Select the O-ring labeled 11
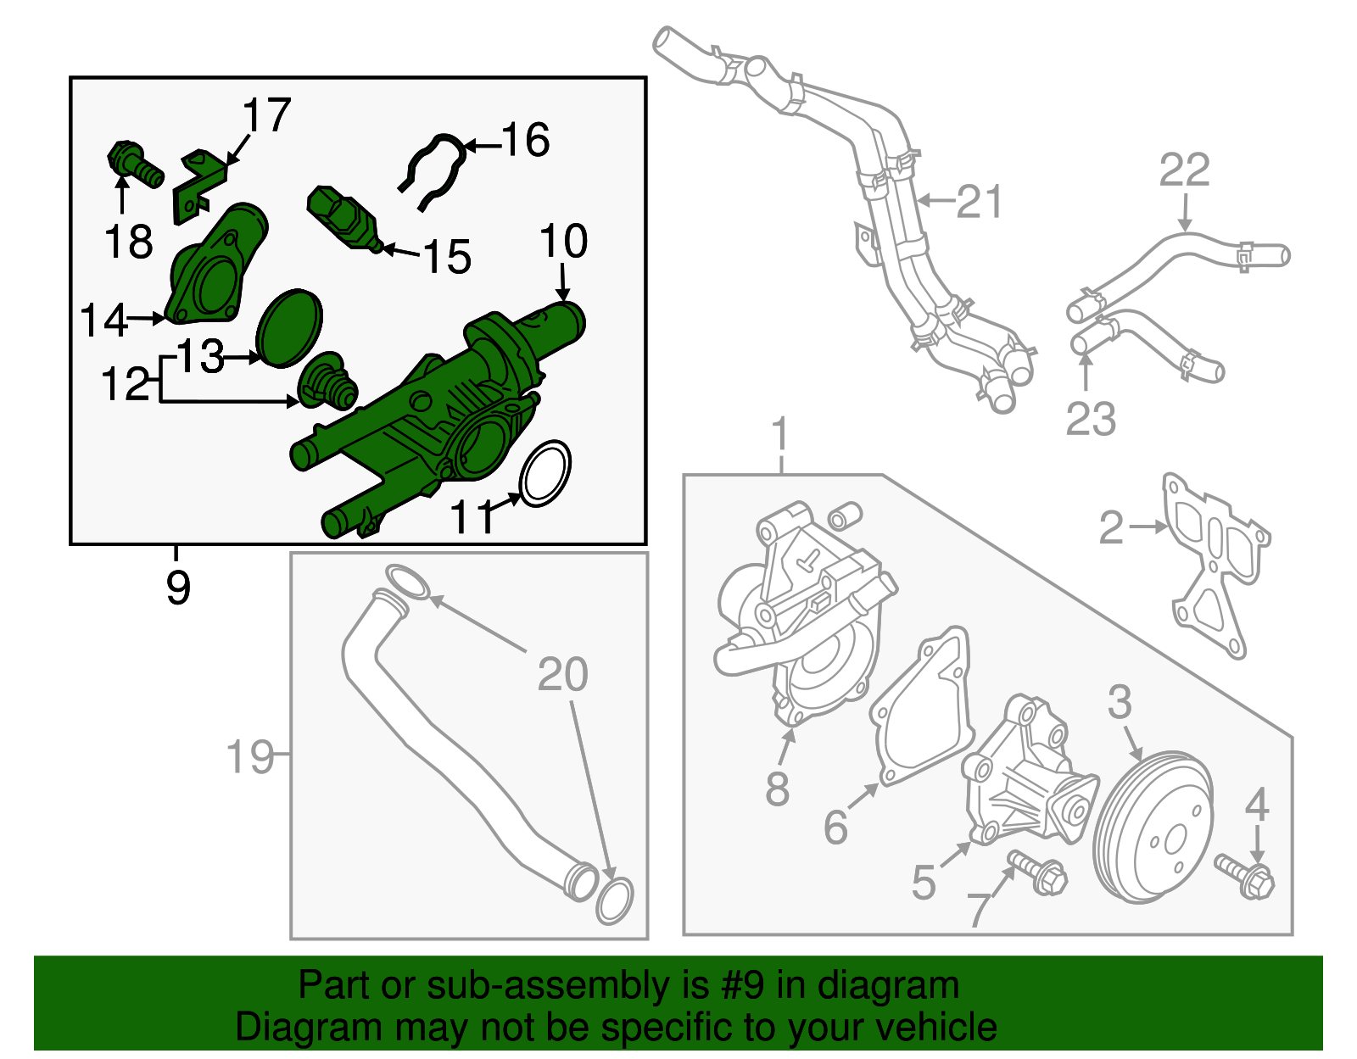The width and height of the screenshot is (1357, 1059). pyautogui.click(x=544, y=473)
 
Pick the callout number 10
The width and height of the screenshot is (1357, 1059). pyautogui.click(x=563, y=242)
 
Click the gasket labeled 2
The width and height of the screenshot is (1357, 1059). pyautogui.click(x=1215, y=564)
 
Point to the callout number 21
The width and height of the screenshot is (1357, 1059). pyautogui.click(x=980, y=202)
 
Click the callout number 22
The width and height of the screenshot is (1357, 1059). pyautogui.click(x=1184, y=170)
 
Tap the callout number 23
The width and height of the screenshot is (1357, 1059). pyautogui.click(x=1091, y=419)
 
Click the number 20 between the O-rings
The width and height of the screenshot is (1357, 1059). pyautogui.click(x=562, y=675)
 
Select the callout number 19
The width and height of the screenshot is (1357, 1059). pyautogui.click(x=250, y=755)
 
